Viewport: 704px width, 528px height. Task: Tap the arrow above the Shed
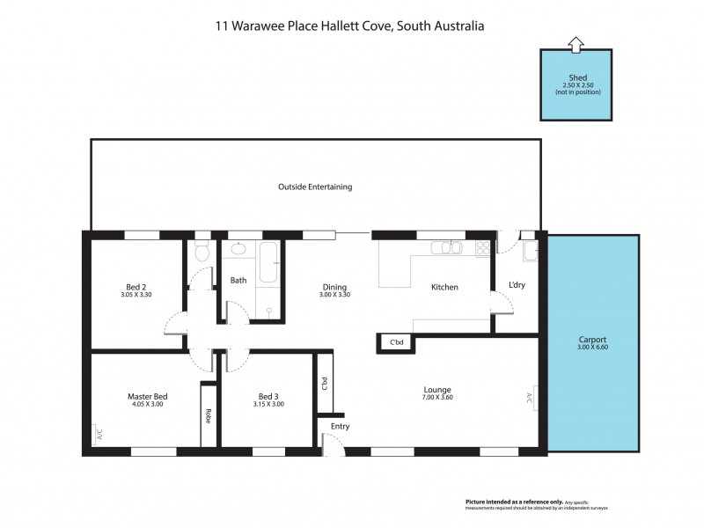pyautogui.click(x=576, y=41)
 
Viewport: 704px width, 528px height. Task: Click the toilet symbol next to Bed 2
pyautogui.click(x=202, y=254)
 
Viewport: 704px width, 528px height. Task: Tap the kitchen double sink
pyautogui.click(x=448, y=247)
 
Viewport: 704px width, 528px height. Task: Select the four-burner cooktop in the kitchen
pyautogui.click(x=482, y=248)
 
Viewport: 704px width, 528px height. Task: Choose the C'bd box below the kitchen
pyautogui.click(x=395, y=342)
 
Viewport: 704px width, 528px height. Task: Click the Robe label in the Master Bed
pyautogui.click(x=209, y=415)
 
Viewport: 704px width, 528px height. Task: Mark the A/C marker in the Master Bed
pyautogui.click(x=99, y=434)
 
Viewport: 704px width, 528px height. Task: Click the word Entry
pyautogui.click(x=340, y=427)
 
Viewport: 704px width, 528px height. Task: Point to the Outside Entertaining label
pyautogui.click(x=315, y=187)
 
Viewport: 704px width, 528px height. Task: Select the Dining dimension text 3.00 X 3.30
pyautogui.click(x=334, y=295)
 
